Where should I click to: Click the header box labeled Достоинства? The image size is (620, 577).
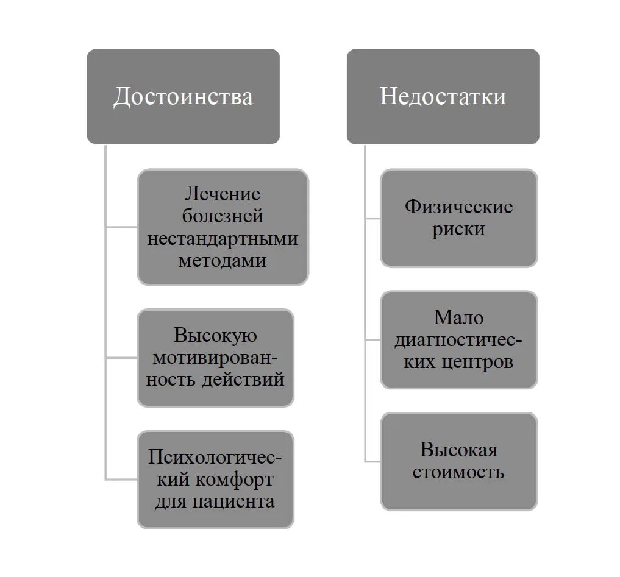click(183, 96)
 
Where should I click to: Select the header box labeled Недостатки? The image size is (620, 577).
click(443, 96)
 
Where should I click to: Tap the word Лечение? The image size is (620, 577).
click(223, 194)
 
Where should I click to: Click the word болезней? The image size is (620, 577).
click(223, 216)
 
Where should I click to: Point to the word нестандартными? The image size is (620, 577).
click(223, 238)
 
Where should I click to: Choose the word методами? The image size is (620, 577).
click(223, 260)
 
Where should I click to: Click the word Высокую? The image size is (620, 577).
click(215, 335)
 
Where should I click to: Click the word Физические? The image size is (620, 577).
click(458, 207)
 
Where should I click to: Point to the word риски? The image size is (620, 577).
click(458, 230)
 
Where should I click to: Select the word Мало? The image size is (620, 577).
click(458, 317)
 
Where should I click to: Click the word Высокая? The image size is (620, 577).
click(458, 450)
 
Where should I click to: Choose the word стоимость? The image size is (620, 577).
click(458, 472)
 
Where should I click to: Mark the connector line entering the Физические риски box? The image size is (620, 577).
click(373, 218)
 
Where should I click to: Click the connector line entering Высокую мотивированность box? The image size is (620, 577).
click(121, 358)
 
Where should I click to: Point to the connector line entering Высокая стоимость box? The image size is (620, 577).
click(373, 461)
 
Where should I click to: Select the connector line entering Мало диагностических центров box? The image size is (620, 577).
click(373, 339)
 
